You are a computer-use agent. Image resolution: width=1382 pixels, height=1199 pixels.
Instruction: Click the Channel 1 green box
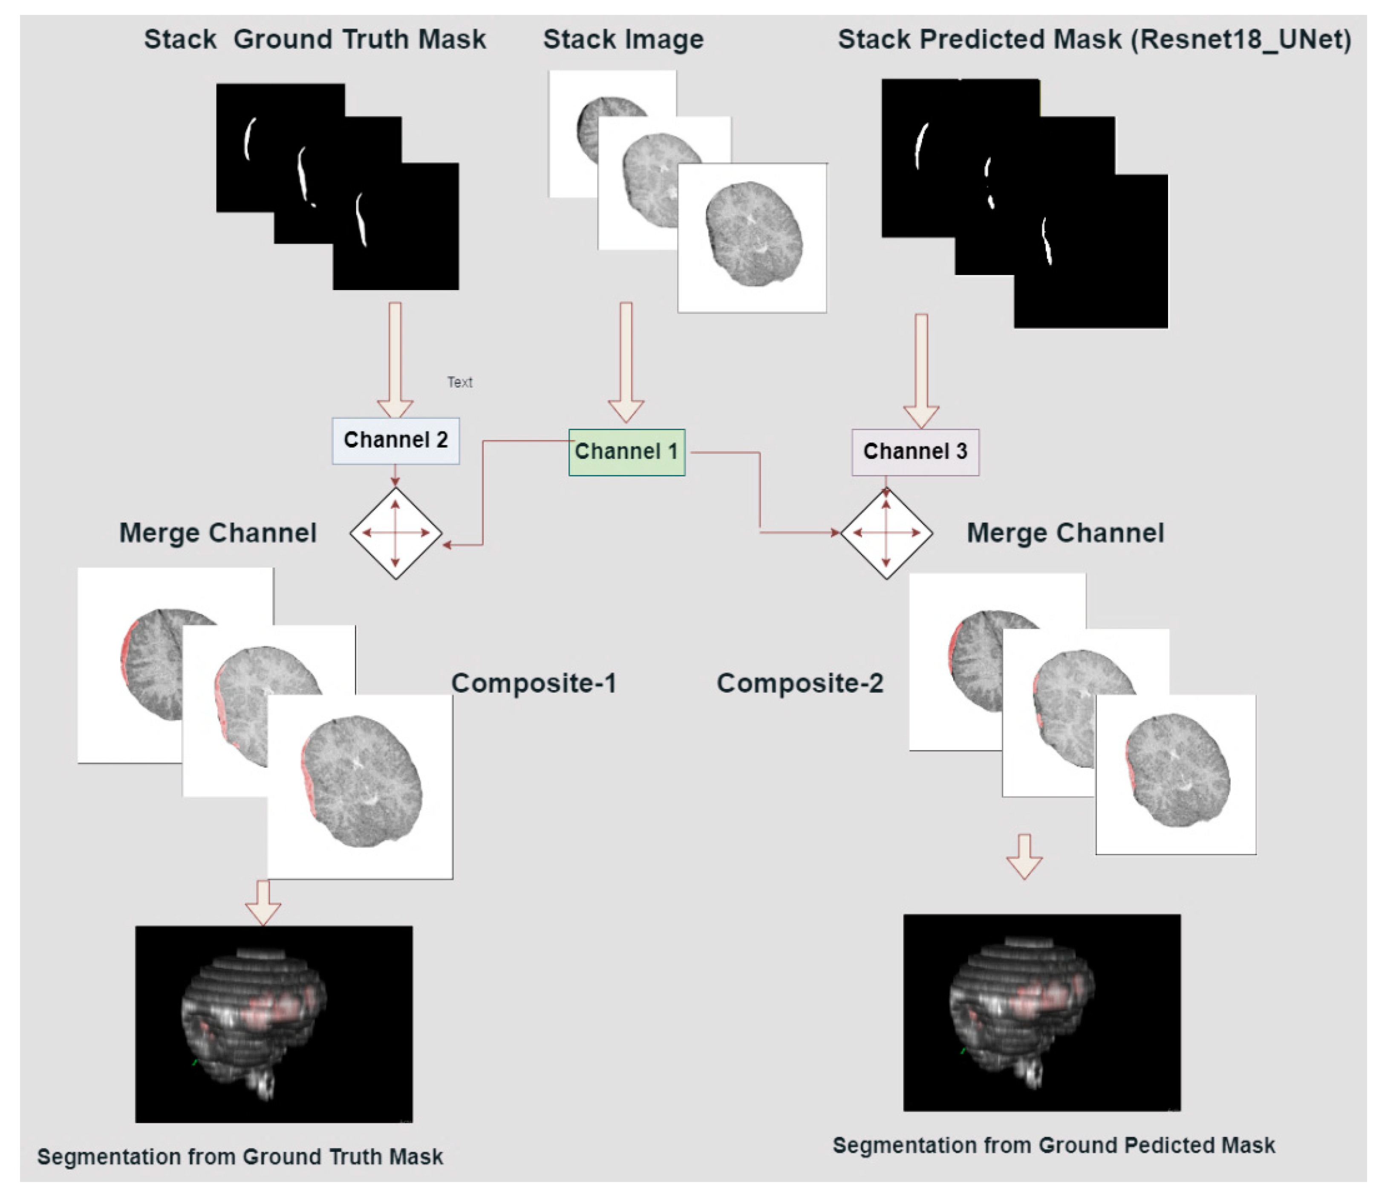[x=626, y=452]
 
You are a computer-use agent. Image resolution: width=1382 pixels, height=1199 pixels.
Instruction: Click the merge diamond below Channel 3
[x=886, y=533]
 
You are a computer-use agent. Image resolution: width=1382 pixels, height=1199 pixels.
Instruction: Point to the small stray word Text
[x=459, y=382]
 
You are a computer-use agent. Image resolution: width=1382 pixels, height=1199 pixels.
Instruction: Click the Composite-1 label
[x=534, y=683]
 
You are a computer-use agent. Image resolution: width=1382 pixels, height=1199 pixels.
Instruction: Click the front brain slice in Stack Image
[x=753, y=234]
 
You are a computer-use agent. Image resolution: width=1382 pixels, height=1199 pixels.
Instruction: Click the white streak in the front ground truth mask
[x=362, y=220]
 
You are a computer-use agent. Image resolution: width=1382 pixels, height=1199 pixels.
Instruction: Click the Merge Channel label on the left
[x=217, y=533]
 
